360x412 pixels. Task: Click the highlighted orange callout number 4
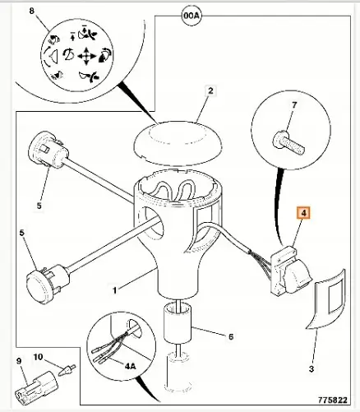click(303, 213)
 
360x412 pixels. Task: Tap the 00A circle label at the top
click(192, 16)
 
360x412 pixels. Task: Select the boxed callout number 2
click(210, 90)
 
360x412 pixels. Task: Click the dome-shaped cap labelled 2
click(178, 144)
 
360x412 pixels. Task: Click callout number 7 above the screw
click(294, 104)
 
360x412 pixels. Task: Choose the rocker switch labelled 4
click(290, 270)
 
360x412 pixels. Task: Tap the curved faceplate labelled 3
click(326, 299)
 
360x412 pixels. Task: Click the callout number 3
click(312, 369)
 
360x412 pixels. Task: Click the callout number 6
click(231, 336)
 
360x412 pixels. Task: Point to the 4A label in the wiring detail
click(130, 366)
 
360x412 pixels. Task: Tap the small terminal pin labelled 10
click(67, 370)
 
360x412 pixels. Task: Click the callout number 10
click(39, 357)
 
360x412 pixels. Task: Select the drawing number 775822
click(333, 400)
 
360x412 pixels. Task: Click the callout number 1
click(115, 290)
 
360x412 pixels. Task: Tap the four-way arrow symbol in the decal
click(86, 56)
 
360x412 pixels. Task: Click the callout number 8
click(32, 11)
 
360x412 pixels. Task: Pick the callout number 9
click(19, 361)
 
